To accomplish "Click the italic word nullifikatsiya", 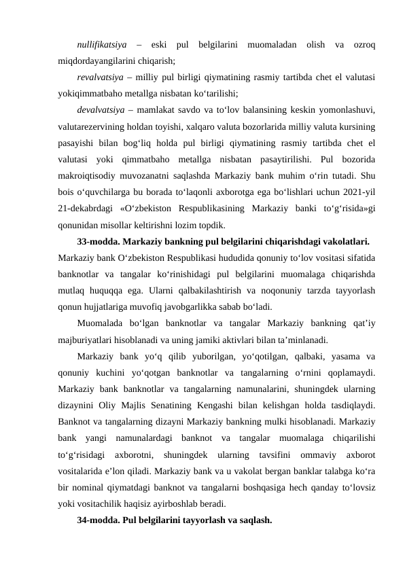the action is coord(102,45).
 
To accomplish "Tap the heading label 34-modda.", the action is coord(99,520).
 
